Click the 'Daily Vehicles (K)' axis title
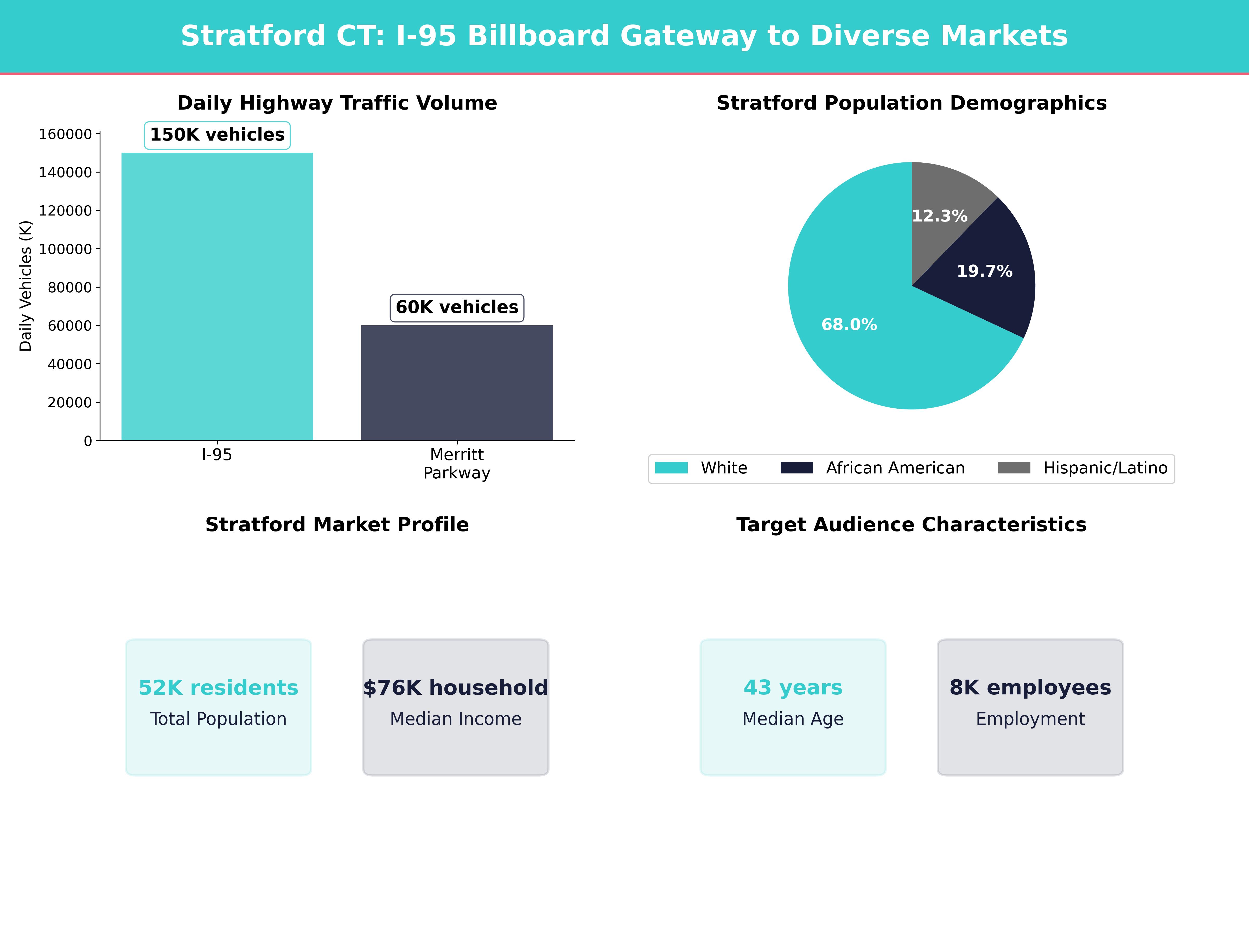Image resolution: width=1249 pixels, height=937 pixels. click(26, 286)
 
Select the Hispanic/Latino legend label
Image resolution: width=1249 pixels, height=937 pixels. click(1105, 468)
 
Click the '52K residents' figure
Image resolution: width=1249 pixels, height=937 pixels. click(218, 687)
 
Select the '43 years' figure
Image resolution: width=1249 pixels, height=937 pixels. click(793, 687)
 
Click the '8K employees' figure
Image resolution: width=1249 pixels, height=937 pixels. click(1030, 687)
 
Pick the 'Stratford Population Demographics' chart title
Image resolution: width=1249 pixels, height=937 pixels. click(911, 103)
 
